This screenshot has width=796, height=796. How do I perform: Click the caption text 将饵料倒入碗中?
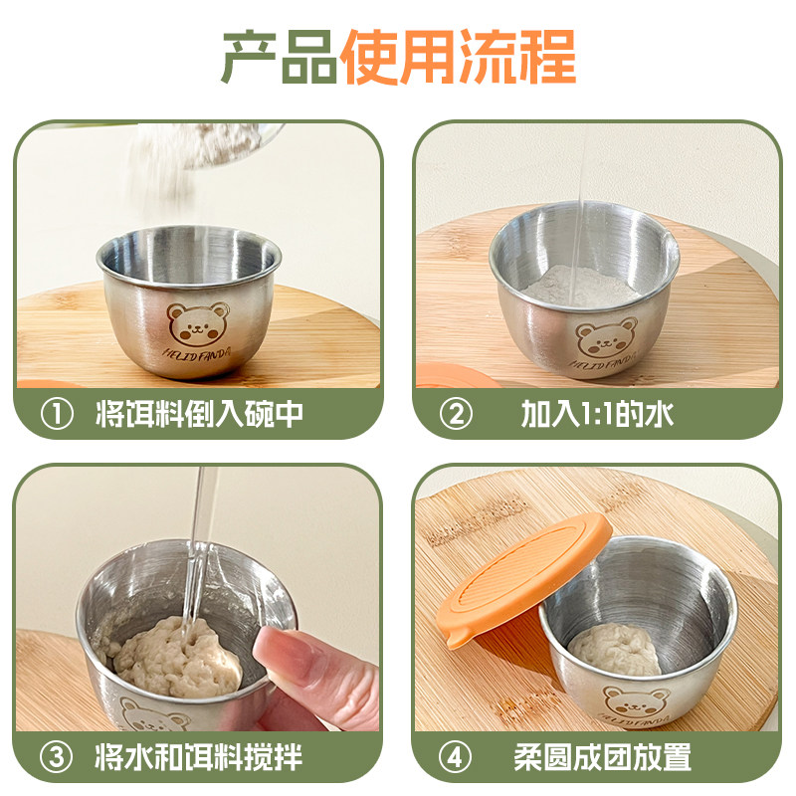(x=199, y=414)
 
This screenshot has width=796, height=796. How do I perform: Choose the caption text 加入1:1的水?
(x=597, y=414)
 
